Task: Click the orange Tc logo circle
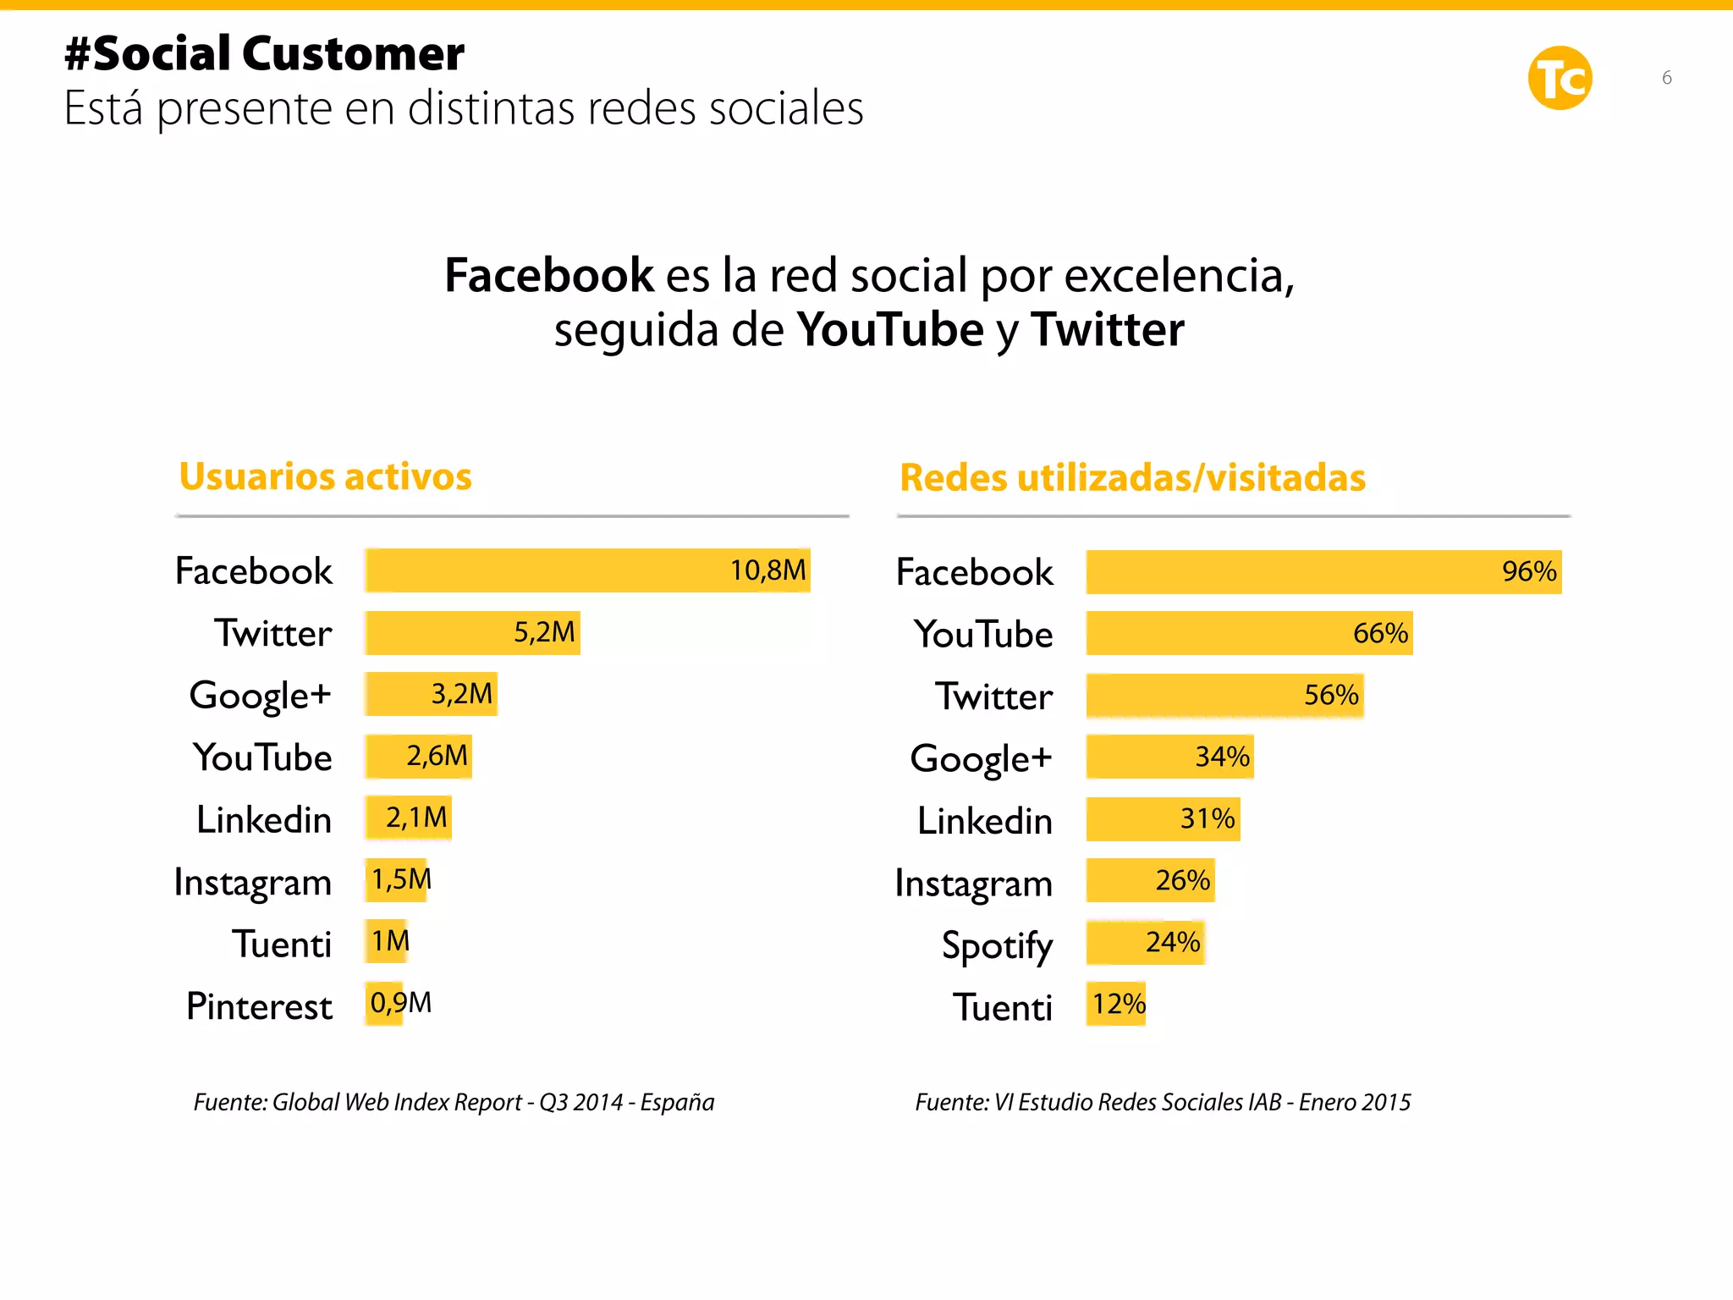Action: click(1560, 78)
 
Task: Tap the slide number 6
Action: click(1666, 78)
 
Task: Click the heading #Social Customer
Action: click(264, 54)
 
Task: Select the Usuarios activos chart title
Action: click(325, 476)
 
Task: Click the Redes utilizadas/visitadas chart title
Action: click(1132, 478)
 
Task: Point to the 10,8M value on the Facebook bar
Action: click(767, 570)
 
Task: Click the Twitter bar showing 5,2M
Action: click(472, 633)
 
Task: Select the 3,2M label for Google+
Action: click(461, 694)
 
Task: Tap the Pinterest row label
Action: click(259, 1006)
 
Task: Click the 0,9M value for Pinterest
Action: click(400, 1003)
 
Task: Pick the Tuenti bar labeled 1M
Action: click(388, 941)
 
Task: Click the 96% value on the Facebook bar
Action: click(1528, 571)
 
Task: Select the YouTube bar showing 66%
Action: click(1249, 633)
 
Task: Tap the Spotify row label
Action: click(997, 945)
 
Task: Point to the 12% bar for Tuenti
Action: click(1116, 1004)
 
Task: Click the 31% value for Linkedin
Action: click(1207, 818)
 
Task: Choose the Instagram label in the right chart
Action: click(973, 884)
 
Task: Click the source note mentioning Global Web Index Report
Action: click(454, 1102)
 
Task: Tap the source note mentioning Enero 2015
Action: click(1163, 1102)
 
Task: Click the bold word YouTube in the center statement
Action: click(890, 330)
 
